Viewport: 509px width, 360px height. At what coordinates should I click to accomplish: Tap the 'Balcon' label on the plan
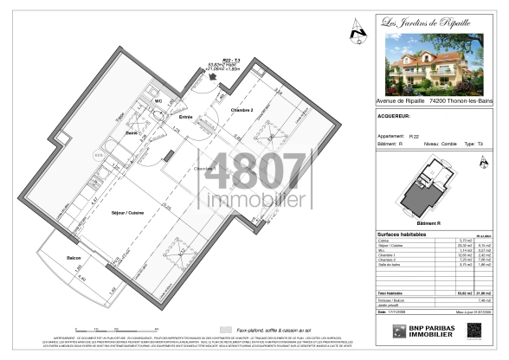pyautogui.click(x=75, y=258)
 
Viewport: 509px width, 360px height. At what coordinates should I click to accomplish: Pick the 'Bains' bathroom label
pyautogui.click(x=132, y=133)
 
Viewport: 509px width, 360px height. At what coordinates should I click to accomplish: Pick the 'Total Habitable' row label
pyautogui.click(x=395, y=293)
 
